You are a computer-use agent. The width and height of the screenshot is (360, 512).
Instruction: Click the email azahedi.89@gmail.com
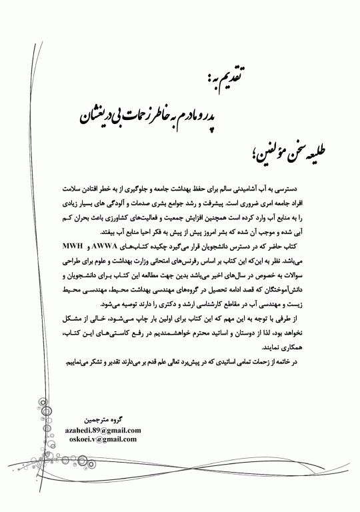tap(101, 431)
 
